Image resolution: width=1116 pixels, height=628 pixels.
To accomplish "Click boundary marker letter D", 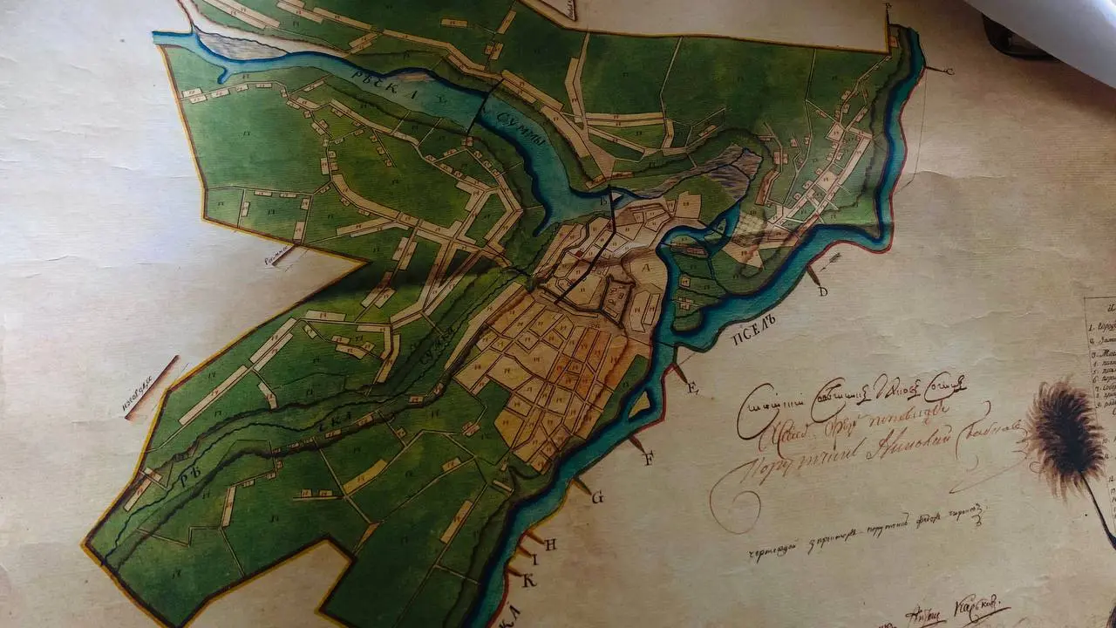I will click(x=822, y=291).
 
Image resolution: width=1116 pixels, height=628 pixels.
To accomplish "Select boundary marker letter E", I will click(x=693, y=389).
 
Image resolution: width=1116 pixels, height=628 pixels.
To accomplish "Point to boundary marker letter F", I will click(x=648, y=460).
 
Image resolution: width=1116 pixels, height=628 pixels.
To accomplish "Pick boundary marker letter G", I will click(x=597, y=498).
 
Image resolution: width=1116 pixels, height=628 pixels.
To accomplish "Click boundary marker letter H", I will click(x=550, y=542).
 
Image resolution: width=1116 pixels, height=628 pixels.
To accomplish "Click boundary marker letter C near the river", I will click(x=949, y=71).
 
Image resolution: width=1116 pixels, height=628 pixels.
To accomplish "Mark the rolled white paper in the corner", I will click(x=1046, y=26).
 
